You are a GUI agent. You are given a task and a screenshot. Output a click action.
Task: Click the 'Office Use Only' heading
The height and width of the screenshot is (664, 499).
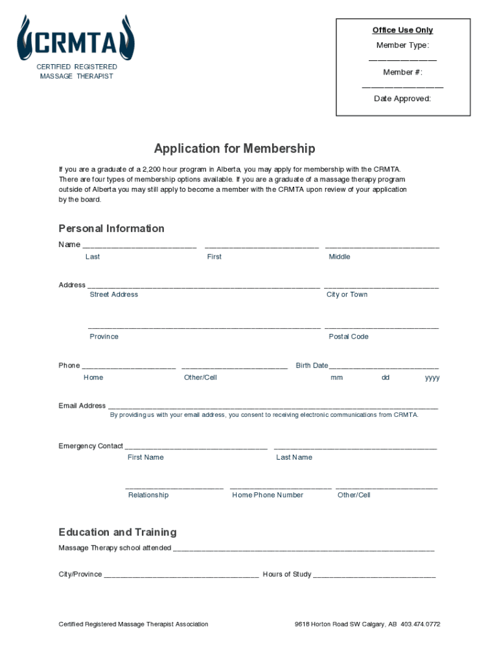(402, 30)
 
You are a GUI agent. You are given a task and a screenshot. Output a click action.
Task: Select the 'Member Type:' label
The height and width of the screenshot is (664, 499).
(402, 45)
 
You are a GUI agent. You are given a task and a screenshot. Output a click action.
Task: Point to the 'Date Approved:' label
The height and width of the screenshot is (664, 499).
(402, 99)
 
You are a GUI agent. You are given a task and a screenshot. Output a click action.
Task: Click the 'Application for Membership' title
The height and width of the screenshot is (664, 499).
(235, 148)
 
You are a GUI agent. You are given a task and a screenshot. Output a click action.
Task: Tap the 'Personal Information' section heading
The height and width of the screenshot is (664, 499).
(111, 228)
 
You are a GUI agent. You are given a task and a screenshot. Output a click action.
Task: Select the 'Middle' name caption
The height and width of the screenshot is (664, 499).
(339, 257)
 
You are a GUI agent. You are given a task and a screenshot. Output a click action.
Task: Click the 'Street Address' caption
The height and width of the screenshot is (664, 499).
(113, 294)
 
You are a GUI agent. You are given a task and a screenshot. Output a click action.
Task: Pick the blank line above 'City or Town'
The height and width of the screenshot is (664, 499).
(381, 287)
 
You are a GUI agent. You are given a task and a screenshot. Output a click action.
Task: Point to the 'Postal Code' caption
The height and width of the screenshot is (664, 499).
(349, 337)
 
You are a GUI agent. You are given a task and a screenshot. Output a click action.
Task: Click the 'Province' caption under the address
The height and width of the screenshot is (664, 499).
(104, 337)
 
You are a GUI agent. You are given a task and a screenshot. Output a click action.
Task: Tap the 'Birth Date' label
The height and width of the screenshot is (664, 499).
(312, 366)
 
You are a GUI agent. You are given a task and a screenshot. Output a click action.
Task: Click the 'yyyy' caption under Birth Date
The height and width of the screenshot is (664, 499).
(432, 377)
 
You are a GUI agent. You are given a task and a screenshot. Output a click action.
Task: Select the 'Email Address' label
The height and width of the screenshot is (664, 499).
(82, 406)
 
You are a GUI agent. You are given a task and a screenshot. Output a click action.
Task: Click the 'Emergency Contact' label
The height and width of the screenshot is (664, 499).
(91, 446)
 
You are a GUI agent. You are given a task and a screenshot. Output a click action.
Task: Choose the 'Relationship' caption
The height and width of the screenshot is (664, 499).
(148, 495)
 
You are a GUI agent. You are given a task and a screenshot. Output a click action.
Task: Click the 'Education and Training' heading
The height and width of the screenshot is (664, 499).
(117, 532)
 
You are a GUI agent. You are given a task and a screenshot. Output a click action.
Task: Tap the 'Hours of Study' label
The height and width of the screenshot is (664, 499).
(287, 575)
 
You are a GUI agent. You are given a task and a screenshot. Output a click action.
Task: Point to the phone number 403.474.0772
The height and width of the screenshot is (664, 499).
(421, 624)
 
